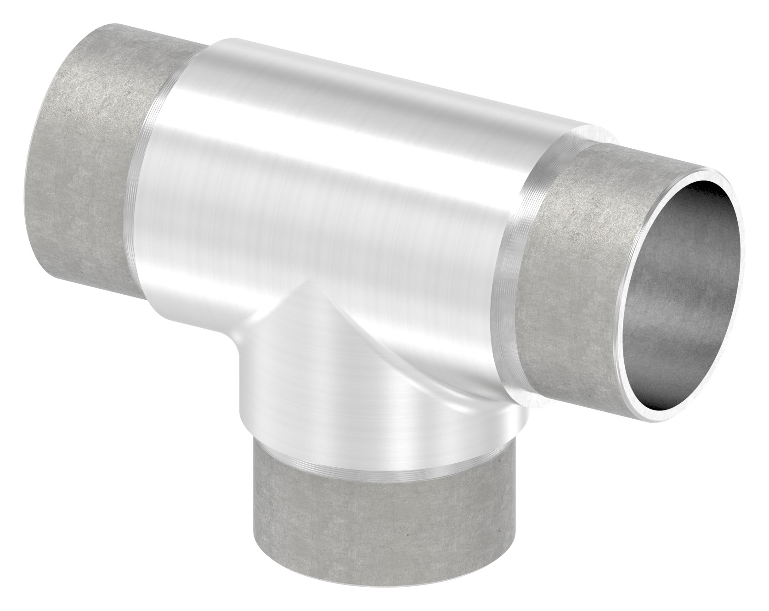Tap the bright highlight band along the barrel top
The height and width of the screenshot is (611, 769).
click(368, 83)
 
